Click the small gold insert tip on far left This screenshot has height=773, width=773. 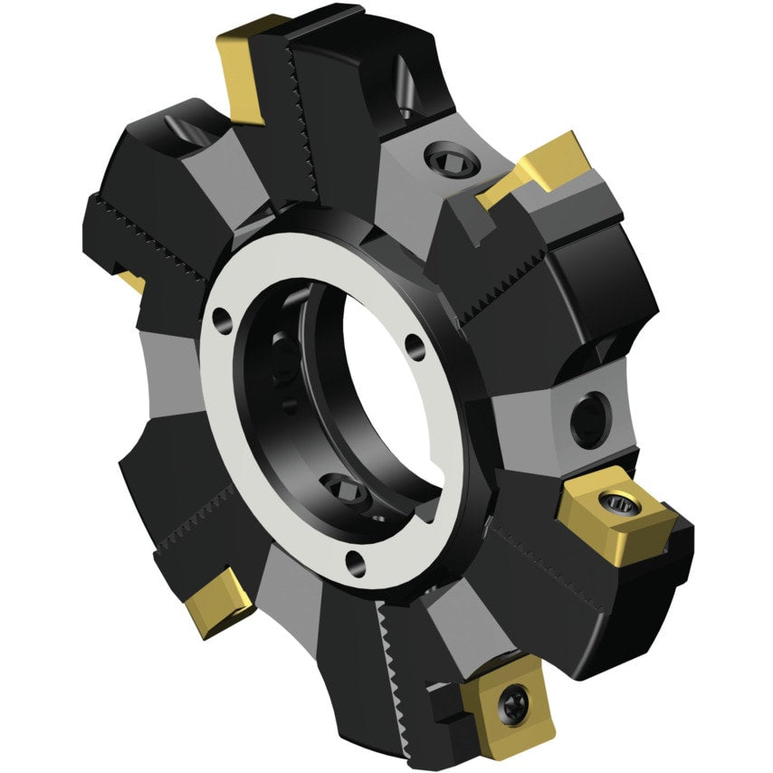coord(134,282)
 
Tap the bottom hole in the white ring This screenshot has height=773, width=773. coord(359,563)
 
